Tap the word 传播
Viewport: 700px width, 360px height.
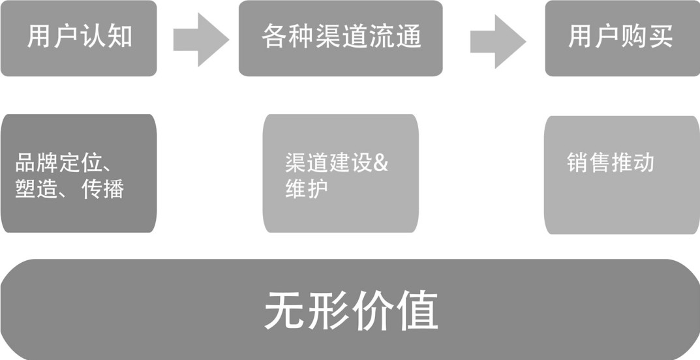pyautogui.click(x=103, y=189)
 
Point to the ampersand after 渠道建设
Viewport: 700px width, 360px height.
pyautogui.click(x=381, y=163)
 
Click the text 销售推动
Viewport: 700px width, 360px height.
pyautogui.click(x=611, y=163)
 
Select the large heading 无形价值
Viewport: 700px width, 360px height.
pyautogui.click(x=351, y=310)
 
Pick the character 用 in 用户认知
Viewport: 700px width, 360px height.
pyautogui.click(x=38, y=37)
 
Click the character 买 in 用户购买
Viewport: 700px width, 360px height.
pyautogui.click(x=660, y=37)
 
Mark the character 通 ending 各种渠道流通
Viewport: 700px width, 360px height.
pyautogui.click(x=408, y=37)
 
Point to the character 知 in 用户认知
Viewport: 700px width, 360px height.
pyautogui.click(x=119, y=37)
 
